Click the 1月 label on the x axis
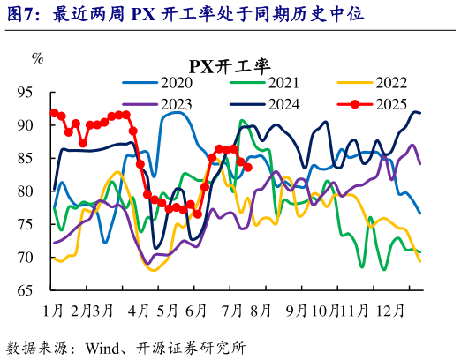click(x=52, y=311)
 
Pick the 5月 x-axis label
click(x=167, y=311)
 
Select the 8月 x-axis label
click(x=263, y=311)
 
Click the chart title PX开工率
click(x=230, y=64)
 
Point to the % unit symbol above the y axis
click(x=37, y=58)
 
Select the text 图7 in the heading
click(x=22, y=15)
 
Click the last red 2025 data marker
click(x=248, y=167)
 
